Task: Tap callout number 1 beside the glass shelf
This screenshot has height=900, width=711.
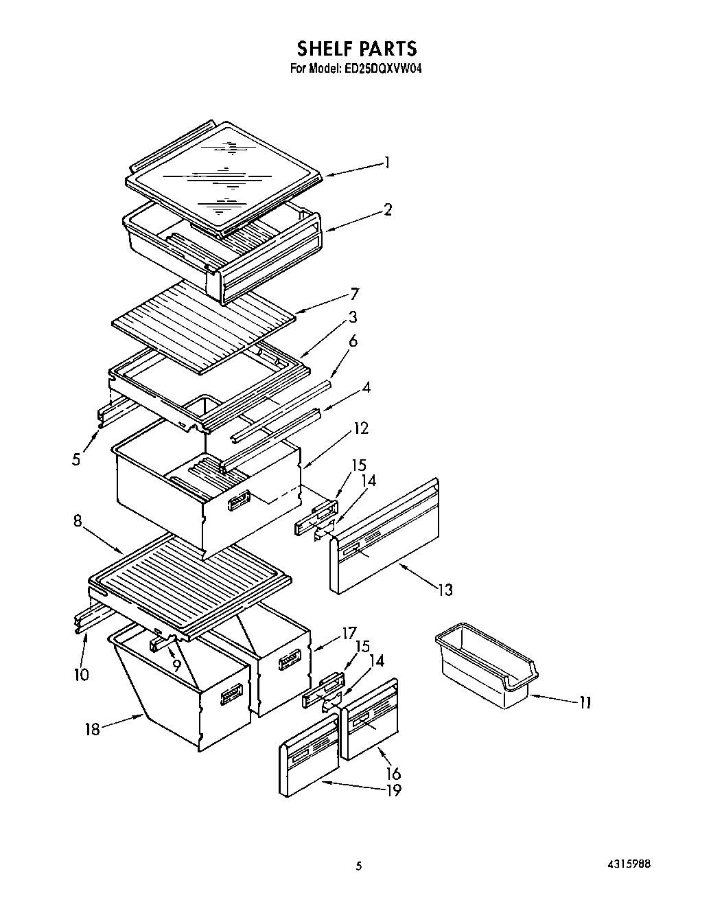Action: [x=387, y=163]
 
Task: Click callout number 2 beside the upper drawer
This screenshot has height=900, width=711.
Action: [x=388, y=209]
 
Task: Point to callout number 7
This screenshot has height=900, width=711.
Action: [x=354, y=294]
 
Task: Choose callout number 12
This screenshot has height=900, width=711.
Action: [x=361, y=428]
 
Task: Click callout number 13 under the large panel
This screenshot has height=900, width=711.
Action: [x=445, y=589]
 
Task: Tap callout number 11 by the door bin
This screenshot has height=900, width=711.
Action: [x=585, y=702]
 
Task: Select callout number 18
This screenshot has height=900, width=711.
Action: [x=92, y=729]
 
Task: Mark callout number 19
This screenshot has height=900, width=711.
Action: [x=393, y=790]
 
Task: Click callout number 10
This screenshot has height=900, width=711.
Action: [x=81, y=675]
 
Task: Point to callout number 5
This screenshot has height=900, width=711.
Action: [x=76, y=459]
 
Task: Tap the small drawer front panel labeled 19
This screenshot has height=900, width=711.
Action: [x=309, y=755]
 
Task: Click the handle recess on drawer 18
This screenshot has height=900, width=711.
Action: [x=231, y=695]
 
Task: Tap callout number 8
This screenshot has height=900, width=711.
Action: [x=78, y=521]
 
